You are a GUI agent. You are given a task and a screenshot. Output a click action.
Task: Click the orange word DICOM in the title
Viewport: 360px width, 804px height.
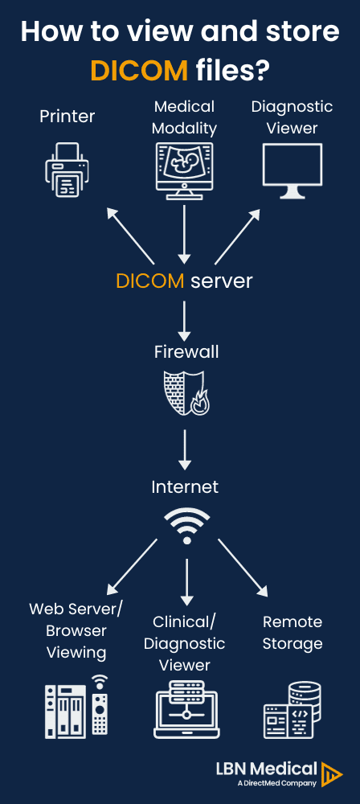139,70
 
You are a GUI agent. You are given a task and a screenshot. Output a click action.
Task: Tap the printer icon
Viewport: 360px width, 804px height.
67,170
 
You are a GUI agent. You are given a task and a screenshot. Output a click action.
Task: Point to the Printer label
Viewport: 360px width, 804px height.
67,117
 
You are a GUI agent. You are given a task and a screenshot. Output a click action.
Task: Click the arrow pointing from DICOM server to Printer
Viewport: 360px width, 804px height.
129,234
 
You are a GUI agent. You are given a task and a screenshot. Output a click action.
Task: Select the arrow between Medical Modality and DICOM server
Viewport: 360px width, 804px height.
184,234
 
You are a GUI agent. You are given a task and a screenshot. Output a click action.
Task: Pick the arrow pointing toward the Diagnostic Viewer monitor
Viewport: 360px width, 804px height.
238,234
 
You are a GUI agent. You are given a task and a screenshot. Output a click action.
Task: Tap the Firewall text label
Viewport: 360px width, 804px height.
186,352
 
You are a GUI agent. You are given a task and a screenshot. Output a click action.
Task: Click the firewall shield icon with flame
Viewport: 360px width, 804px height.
185,392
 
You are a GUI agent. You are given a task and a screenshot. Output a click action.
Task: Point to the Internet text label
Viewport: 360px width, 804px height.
185,487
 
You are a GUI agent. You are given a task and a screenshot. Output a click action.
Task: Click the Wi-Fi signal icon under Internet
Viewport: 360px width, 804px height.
186,527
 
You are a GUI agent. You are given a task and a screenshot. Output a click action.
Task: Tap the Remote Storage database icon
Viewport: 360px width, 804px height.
292,710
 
